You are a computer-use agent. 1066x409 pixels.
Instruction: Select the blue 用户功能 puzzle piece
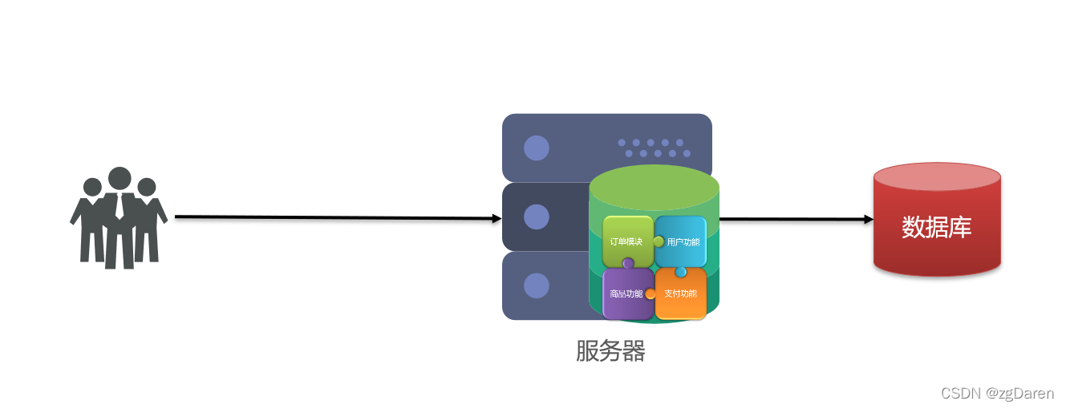(x=681, y=241)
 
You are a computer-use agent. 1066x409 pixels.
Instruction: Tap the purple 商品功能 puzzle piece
(x=626, y=294)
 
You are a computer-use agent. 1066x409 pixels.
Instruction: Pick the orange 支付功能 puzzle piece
(x=681, y=294)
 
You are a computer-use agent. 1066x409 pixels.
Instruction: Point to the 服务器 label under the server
(x=610, y=351)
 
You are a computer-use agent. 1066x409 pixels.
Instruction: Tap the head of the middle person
(x=120, y=179)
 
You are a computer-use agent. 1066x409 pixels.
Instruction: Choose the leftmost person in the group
(x=91, y=221)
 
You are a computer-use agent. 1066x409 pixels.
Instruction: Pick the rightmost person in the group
(x=148, y=221)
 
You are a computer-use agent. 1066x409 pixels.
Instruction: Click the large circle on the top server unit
(x=536, y=148)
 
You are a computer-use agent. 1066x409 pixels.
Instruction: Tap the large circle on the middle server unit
(x=536, y=217)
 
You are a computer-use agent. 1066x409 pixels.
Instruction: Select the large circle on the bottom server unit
(x=536, y=285)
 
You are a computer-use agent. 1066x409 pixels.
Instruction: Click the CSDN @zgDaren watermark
(x=997, y=393)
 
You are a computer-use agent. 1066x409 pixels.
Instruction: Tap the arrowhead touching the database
(x=869, y=219)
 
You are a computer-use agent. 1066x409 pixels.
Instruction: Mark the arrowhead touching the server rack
(x=497, y=218)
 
